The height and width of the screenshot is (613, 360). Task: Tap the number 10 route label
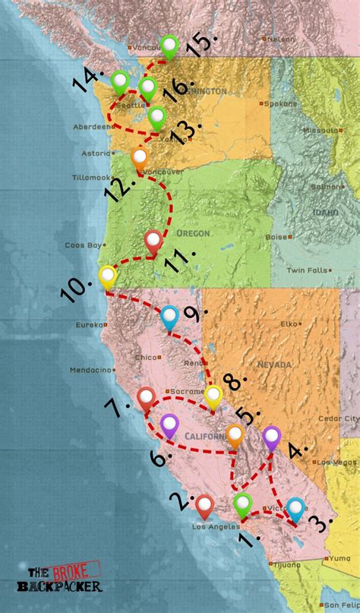pos(76,288)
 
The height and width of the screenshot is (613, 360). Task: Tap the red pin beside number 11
pos(153,242)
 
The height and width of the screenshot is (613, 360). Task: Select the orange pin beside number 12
pos(140,159)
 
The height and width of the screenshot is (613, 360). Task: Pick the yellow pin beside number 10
pos(108,276)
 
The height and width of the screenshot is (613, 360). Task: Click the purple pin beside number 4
pos(271,437)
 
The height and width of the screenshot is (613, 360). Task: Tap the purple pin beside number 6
pos(169,424)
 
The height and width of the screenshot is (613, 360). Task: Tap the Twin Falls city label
pos(306,270)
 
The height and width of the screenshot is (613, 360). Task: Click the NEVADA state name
pos(274,365)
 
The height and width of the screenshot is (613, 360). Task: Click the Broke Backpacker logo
pos(64,580)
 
